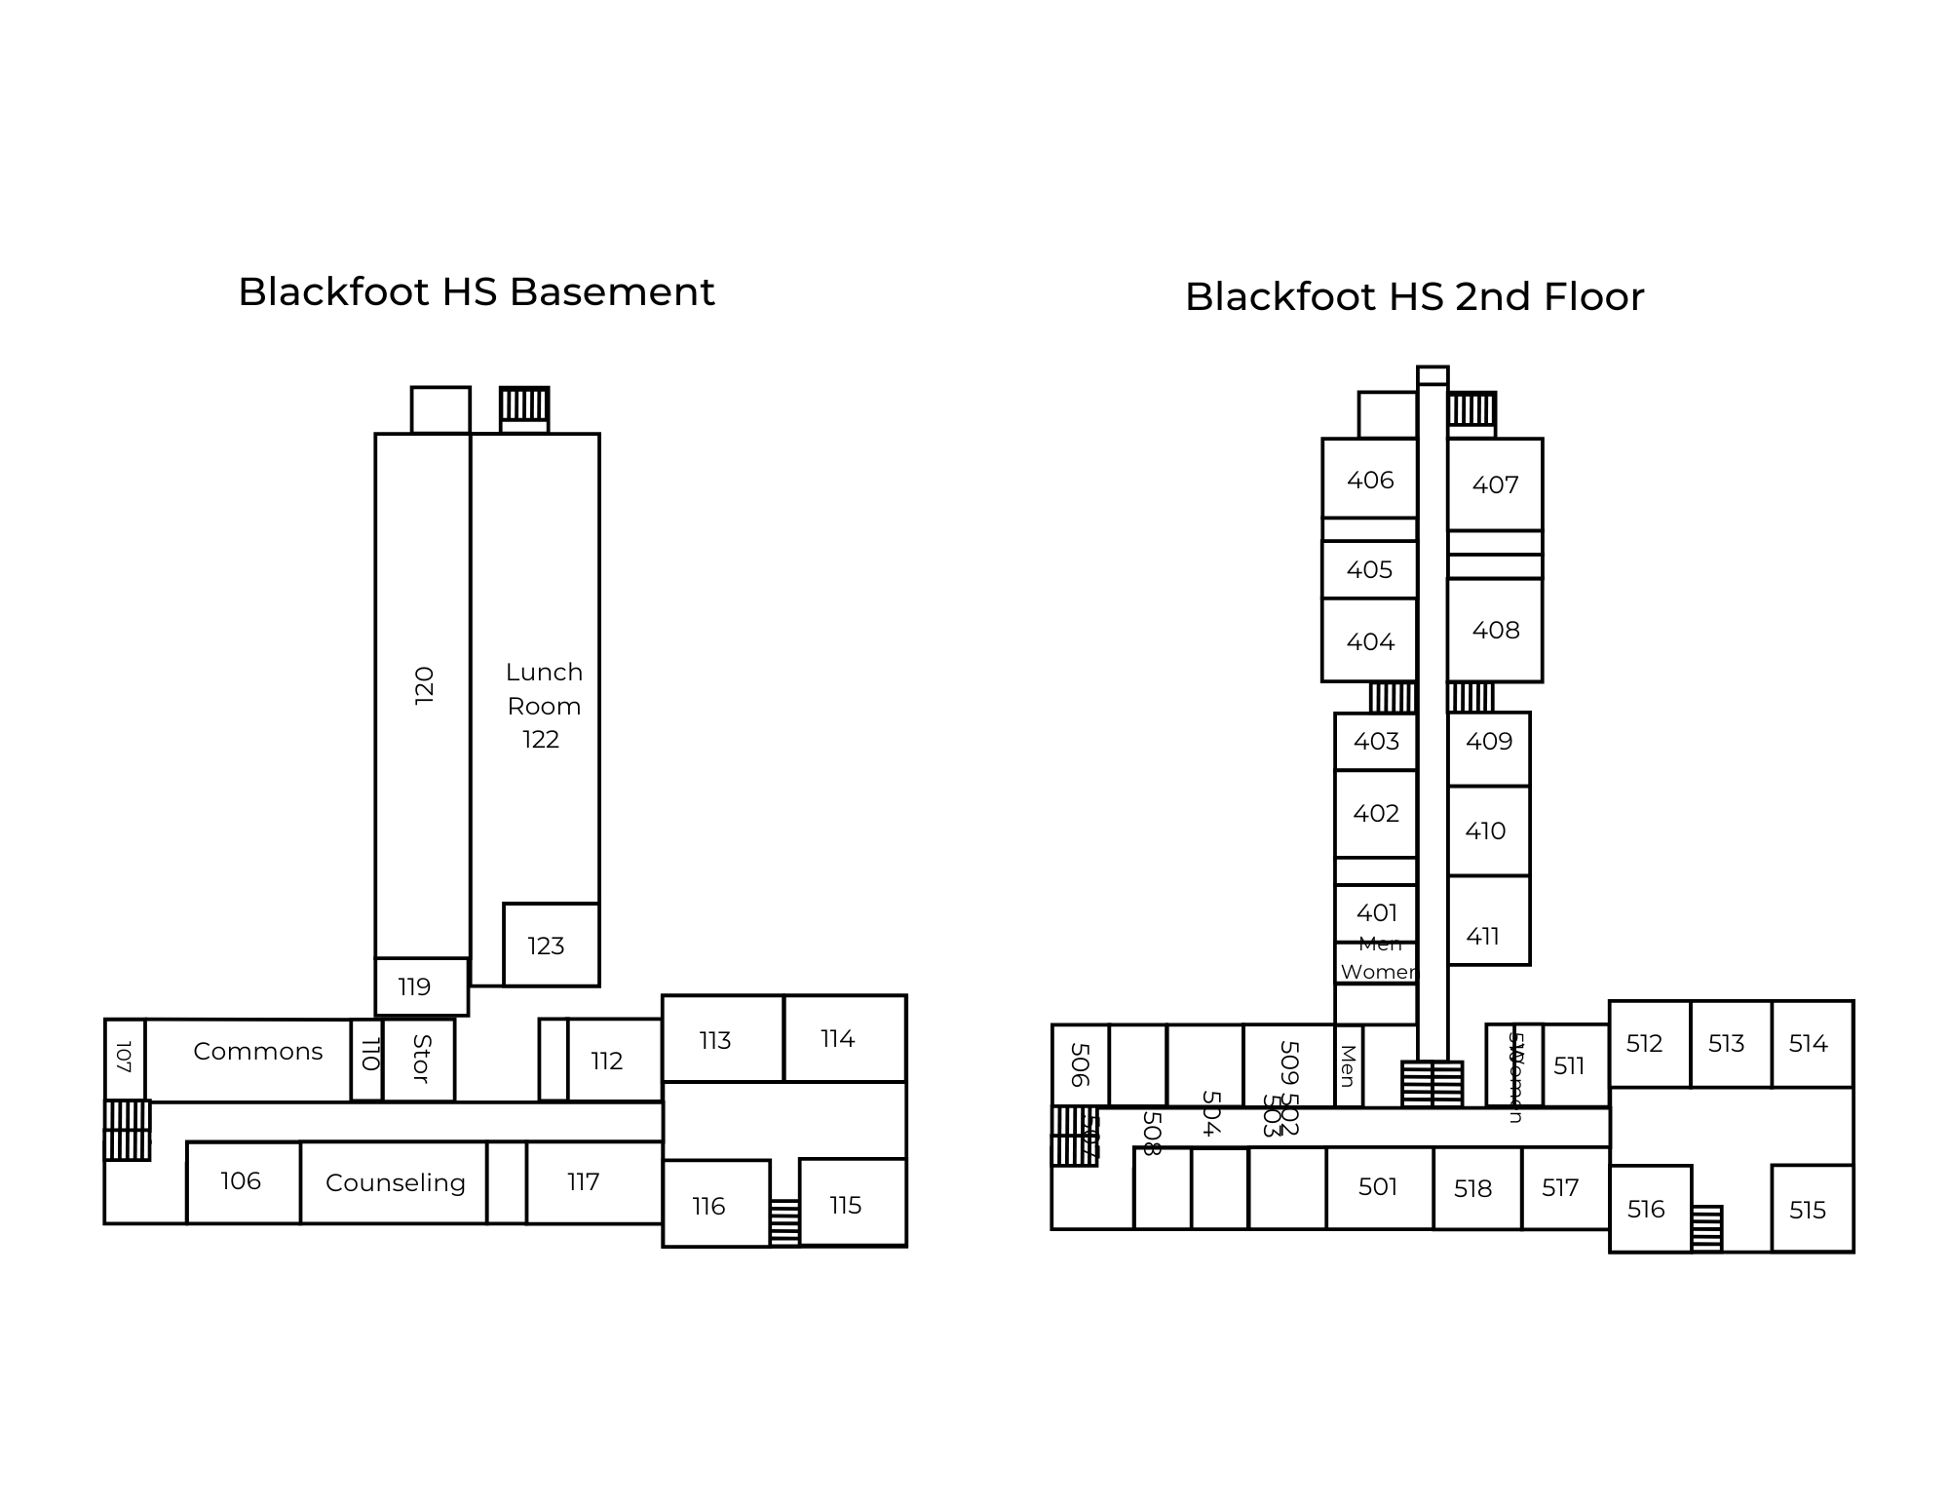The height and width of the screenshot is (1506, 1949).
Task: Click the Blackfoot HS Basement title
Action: pyautogui.click(x=477, y=292)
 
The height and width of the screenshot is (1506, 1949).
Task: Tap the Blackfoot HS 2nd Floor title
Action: pyautogui.click(x=1414, y=297)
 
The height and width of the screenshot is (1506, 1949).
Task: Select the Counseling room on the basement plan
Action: pyautogui.click(x=395, y=1182)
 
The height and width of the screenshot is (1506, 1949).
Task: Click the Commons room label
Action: pyautogui.click(x=257, y=1052)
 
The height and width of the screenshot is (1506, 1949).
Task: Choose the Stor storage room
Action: pyautogui.click(x=420, y=1060)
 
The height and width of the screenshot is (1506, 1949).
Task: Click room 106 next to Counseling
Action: pyautogui.click(x=241, y=1181)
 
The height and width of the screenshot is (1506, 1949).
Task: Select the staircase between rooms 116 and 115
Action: pyautogui.click(x=784, y=1222)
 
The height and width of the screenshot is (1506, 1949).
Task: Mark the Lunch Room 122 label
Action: pyautogui.click(x=543, y=706)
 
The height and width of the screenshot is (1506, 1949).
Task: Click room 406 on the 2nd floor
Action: pyautogui.click(x=1370, y=480)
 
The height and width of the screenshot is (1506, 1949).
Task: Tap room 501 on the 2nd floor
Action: pyautogui.click(x=1378, y=1187)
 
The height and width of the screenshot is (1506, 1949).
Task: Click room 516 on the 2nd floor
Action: pyautogui.click(x=1646, y=1210)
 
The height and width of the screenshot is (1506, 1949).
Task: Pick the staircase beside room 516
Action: pyautogui.click(x=1706, y=1228)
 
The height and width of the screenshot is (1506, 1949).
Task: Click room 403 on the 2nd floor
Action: pyautogui.click(x=1376, y=742)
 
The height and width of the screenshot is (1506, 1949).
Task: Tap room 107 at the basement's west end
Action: pyautogui.click(x=124, y=1059)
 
